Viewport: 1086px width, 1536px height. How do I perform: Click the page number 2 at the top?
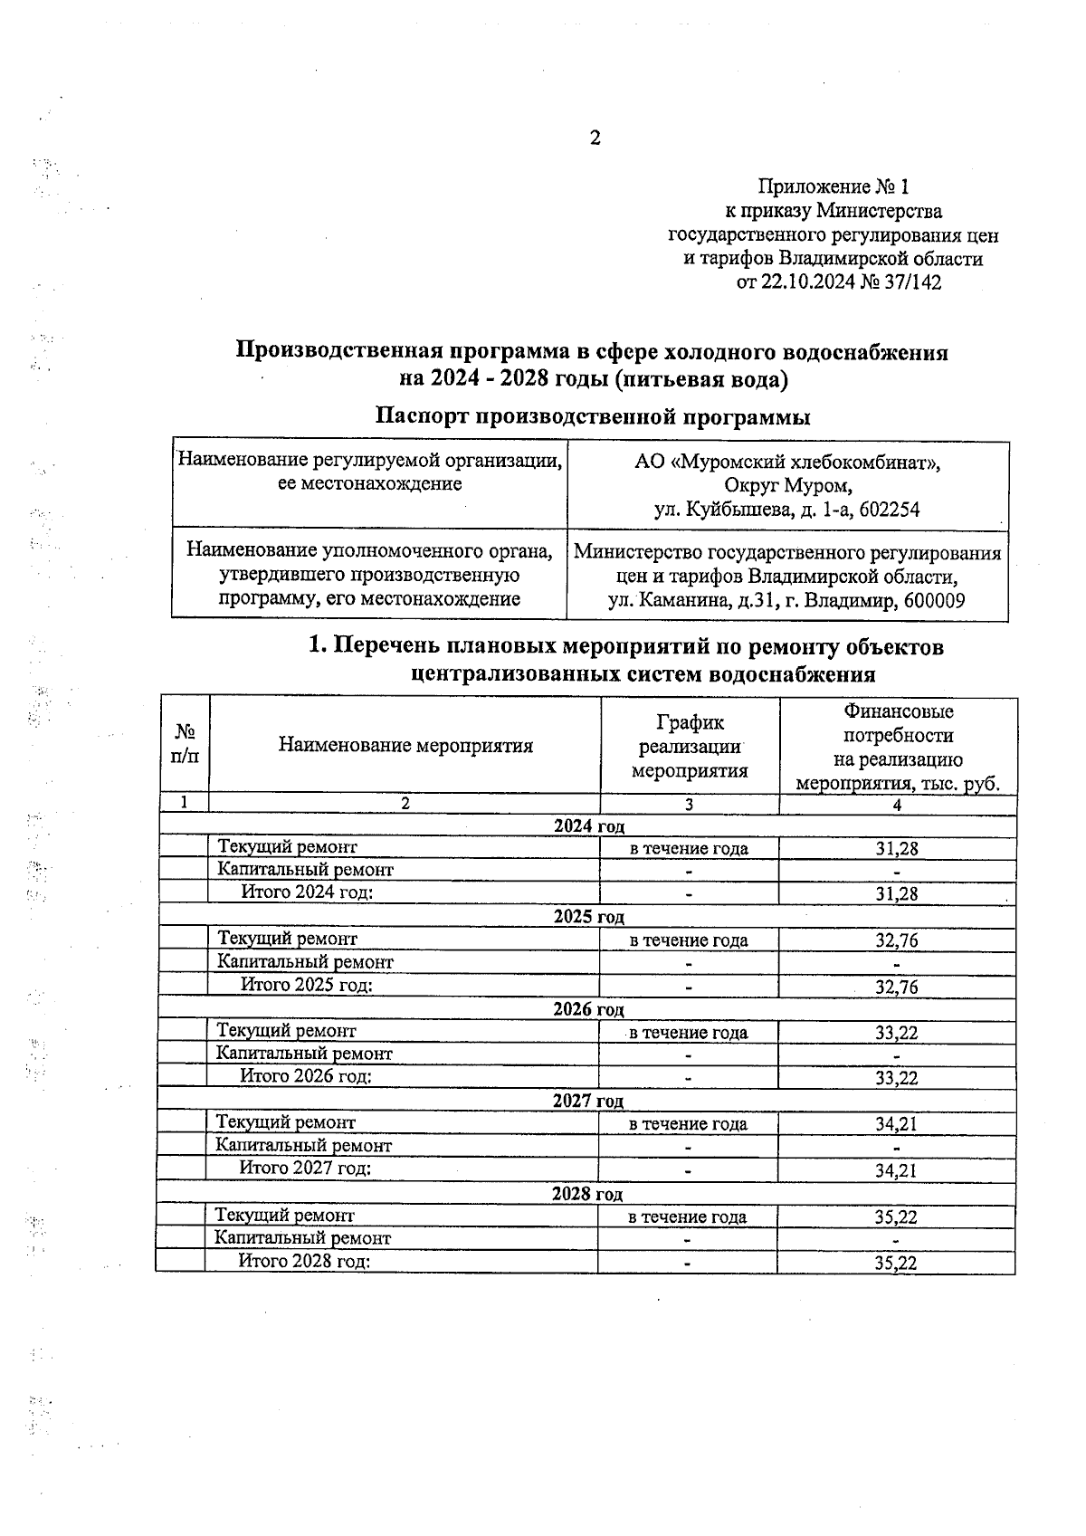tap(595, 138)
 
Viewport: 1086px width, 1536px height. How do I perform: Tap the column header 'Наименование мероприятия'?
tap(405, 746)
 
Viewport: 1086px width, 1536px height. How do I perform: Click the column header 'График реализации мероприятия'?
tap(690, 746)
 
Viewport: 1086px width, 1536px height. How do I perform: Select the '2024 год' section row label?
tap(588, 826)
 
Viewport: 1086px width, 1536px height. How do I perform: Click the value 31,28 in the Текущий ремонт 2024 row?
tap(896, 849)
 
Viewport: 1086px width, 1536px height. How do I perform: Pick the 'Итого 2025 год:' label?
tap(307, 985)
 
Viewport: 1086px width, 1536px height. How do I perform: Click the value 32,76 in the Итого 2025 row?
tap(896, 987)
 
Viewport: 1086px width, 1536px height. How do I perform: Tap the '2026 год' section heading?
tap(588, 1010)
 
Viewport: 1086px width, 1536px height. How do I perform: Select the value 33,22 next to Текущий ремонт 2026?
tap(896, 1033)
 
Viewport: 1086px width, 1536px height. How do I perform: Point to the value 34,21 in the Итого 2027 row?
tap(896, 1171)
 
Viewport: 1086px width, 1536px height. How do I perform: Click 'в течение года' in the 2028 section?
tap(688, 1217)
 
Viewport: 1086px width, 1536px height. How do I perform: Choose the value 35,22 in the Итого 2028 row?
tap(896, 1264)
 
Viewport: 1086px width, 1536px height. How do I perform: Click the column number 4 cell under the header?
tap(897, 805)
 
